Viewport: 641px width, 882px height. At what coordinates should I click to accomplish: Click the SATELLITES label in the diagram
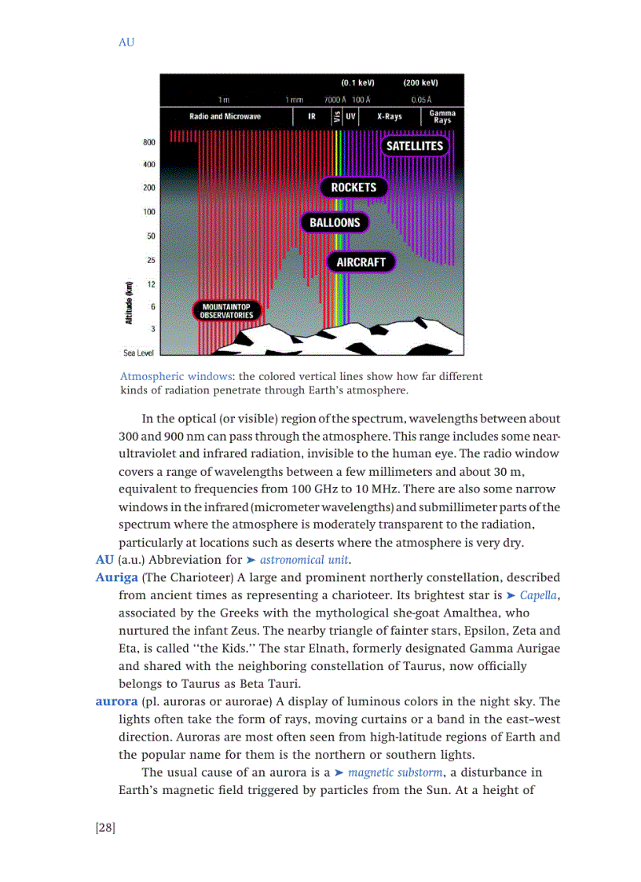[414, 146]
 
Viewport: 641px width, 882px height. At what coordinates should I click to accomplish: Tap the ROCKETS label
[353, 188]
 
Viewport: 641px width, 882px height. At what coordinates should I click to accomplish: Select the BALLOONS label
[335, 223]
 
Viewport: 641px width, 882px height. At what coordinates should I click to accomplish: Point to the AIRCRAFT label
[361, 262]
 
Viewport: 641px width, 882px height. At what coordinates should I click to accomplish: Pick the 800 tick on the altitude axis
[148, 143]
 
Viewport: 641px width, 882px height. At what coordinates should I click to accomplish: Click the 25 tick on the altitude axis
[149, 260]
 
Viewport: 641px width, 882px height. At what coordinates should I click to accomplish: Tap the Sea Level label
[138, 353]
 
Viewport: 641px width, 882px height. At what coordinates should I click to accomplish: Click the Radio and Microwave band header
[225, 117]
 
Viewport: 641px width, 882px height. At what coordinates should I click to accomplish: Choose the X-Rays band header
[390, 117]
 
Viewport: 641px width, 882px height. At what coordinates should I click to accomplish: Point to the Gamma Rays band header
[442, 117]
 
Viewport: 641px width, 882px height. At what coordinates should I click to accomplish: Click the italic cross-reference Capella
[539, 595]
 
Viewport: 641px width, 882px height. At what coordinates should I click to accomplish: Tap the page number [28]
[105, 828]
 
